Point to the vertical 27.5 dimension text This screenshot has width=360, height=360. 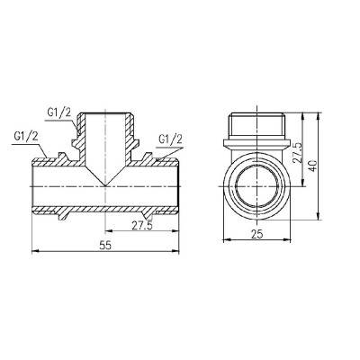297,150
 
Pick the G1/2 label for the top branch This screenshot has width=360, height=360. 59,113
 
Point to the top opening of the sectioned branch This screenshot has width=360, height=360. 107,114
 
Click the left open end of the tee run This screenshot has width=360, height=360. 33,185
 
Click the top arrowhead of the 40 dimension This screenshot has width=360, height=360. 320,116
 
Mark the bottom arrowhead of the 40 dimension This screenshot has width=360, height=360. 320,214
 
